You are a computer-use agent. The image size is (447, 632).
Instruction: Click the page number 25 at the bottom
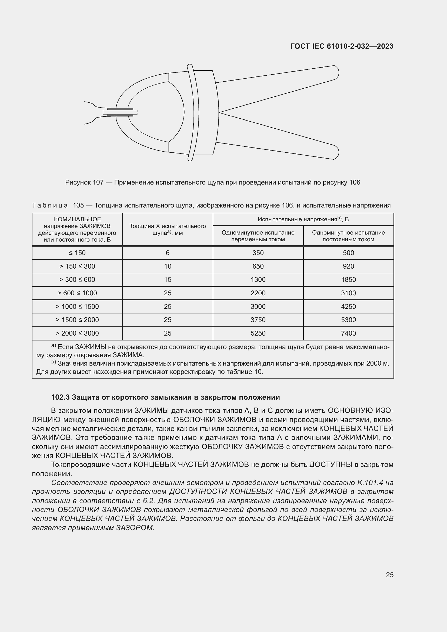389,574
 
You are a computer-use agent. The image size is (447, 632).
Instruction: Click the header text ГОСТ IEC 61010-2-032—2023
342,46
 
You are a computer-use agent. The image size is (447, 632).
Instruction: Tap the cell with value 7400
348,333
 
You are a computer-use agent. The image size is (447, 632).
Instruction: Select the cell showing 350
258,253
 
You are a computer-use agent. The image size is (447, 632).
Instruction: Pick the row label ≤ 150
77,253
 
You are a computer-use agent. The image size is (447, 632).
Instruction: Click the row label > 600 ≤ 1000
77,293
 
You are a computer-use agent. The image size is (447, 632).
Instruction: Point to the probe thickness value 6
168,253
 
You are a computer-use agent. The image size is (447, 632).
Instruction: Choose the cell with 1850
348,279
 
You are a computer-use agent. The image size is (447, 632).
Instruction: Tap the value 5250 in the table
258,333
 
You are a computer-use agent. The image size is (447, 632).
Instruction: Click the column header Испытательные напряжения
303,219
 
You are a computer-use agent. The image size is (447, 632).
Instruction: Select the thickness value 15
168,279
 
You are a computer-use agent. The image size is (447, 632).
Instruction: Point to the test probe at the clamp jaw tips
120,112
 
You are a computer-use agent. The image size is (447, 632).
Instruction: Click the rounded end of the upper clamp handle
335,73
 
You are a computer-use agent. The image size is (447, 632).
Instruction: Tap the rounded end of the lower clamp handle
335,152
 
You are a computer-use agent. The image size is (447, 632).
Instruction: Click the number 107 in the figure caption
98,182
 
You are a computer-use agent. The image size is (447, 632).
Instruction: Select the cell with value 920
348,266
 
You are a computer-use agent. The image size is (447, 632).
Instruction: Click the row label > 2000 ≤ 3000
77,333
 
